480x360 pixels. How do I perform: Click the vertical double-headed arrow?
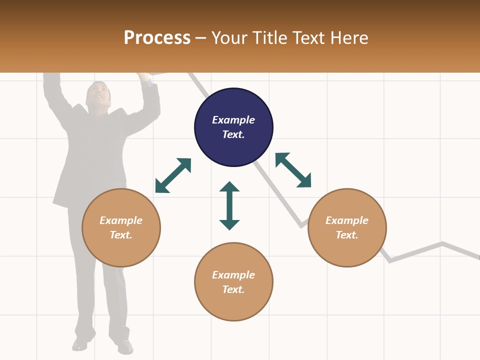[x=229, y=205]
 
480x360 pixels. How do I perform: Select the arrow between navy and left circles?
[x=173, y=175]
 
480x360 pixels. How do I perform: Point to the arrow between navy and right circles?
[x=293, y=170]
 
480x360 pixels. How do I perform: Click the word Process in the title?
[x=157, y=38]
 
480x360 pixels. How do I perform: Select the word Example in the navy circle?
[x=233, y=120]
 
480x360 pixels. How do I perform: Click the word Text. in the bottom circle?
[x=233, y=289]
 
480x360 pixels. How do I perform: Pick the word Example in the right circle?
[x=347, y=220]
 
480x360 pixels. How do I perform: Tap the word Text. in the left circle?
[x=121, y=235]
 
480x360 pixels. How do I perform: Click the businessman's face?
[x=97, y=94]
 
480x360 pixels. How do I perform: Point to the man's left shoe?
[x=123, y=345]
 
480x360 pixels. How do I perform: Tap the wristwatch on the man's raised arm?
[x=147, y=82]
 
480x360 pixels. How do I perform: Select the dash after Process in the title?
[x=201, y=38]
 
